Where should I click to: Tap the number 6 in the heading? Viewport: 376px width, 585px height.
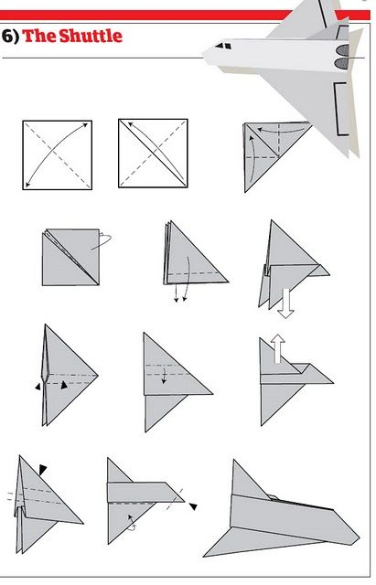click(x=7, y=37)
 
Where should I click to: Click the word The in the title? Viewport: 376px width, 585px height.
click(x=35, y=37)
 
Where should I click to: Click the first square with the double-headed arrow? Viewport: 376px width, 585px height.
click(x=58, y=154)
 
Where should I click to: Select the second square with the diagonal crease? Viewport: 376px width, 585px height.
click(x=152, y=154)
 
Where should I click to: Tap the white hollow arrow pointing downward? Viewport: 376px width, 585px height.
click(x=285, y=304)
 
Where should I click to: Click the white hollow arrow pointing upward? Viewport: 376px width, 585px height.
click(x=277, y=348)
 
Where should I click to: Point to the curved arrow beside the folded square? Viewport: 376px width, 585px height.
click(x=102, y=239)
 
